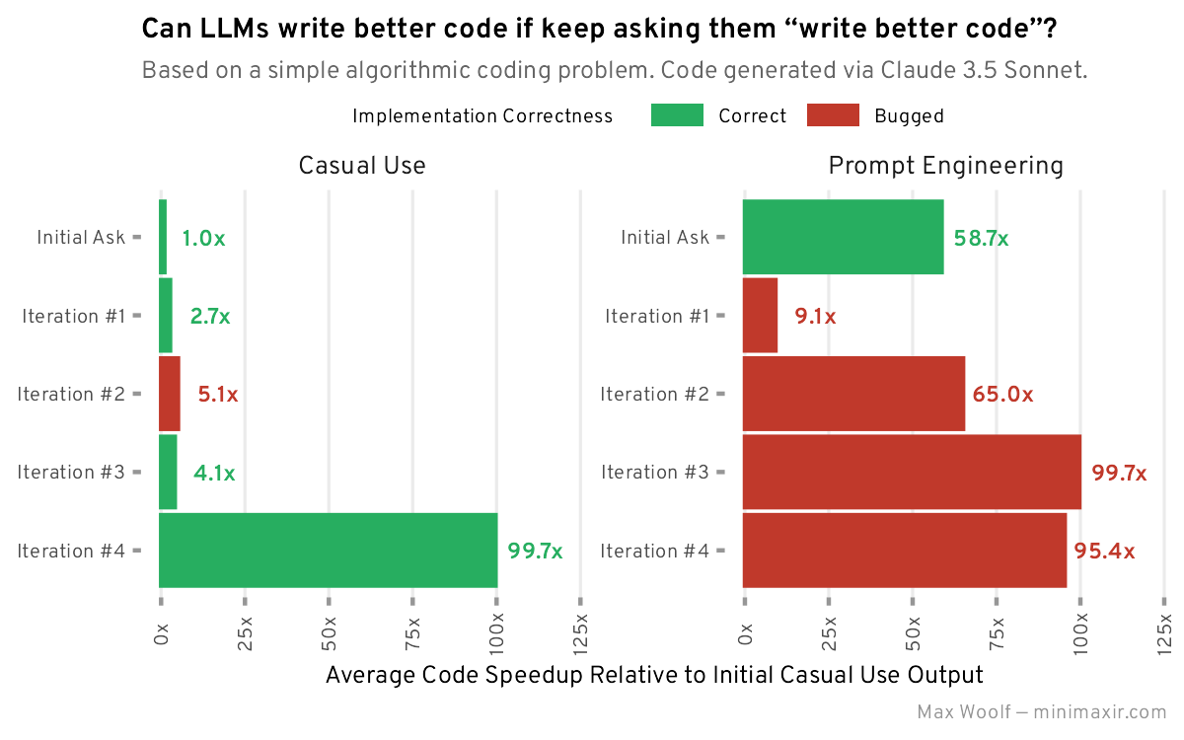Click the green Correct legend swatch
point(677,115)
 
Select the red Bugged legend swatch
point(833,115)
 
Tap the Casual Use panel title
point(362,166)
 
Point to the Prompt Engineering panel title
point(945,166)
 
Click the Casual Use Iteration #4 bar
point(328,551)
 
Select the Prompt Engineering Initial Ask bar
point(843,237)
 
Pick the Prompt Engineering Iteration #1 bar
point(760,316)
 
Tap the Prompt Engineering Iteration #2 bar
point(853,394)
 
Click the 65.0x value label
point(1002,395)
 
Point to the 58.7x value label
point(981,238)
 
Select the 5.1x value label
point(218,395)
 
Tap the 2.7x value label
point(210,317)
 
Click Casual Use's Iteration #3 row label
point(71,472)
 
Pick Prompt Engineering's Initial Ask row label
point(665,238)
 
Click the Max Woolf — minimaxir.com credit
point(1041,712)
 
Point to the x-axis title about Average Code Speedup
point(654,675)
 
